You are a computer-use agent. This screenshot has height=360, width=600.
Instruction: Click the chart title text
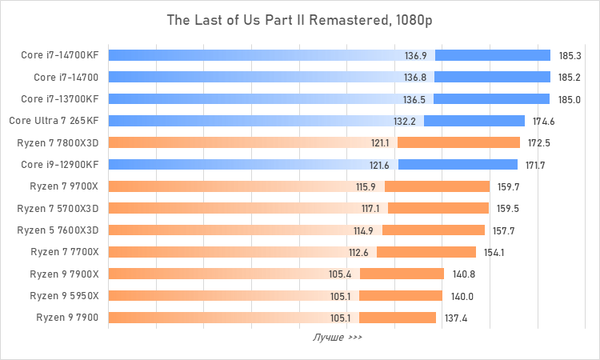pos(299,20)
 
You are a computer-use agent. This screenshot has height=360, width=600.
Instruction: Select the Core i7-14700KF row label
pos(60,56)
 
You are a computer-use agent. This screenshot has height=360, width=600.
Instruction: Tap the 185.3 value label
pos(570,56)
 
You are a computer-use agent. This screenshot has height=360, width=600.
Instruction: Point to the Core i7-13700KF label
pos(60,99)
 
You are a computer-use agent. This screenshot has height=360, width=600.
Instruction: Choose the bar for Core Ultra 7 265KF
pos(316,121)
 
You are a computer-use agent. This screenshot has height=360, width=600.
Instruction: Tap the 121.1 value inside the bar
pos(379,142)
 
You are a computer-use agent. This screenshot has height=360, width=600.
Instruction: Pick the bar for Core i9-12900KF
pos(312,165)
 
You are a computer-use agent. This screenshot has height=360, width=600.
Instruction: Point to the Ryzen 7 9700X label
pos(64,186)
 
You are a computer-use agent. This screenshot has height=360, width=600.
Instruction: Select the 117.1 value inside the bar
pos(370,208)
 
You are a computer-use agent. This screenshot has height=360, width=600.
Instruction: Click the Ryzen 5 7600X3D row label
pos(58,230)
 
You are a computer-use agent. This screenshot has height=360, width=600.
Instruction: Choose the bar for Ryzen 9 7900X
pos(275,274)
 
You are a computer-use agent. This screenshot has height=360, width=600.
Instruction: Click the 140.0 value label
pos(462,295)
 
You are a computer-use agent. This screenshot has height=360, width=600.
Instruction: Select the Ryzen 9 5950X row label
pos(64,295)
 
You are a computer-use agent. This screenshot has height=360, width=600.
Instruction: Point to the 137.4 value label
pos(455,317)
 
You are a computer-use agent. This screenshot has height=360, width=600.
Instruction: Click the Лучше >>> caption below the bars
pos(337,338)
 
